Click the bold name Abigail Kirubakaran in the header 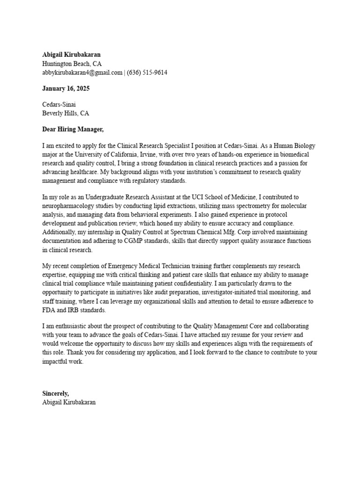coord(71,54)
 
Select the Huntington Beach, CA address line coord(72,64)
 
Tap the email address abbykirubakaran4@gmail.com coord(82,73)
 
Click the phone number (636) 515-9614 coord(147,73)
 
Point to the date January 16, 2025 coord(66,89)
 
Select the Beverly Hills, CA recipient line coord(66,113)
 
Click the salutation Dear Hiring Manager coord(73,129)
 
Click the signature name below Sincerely coord(69,402)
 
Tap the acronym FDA coord(49,310)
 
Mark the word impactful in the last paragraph coord(56,362)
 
